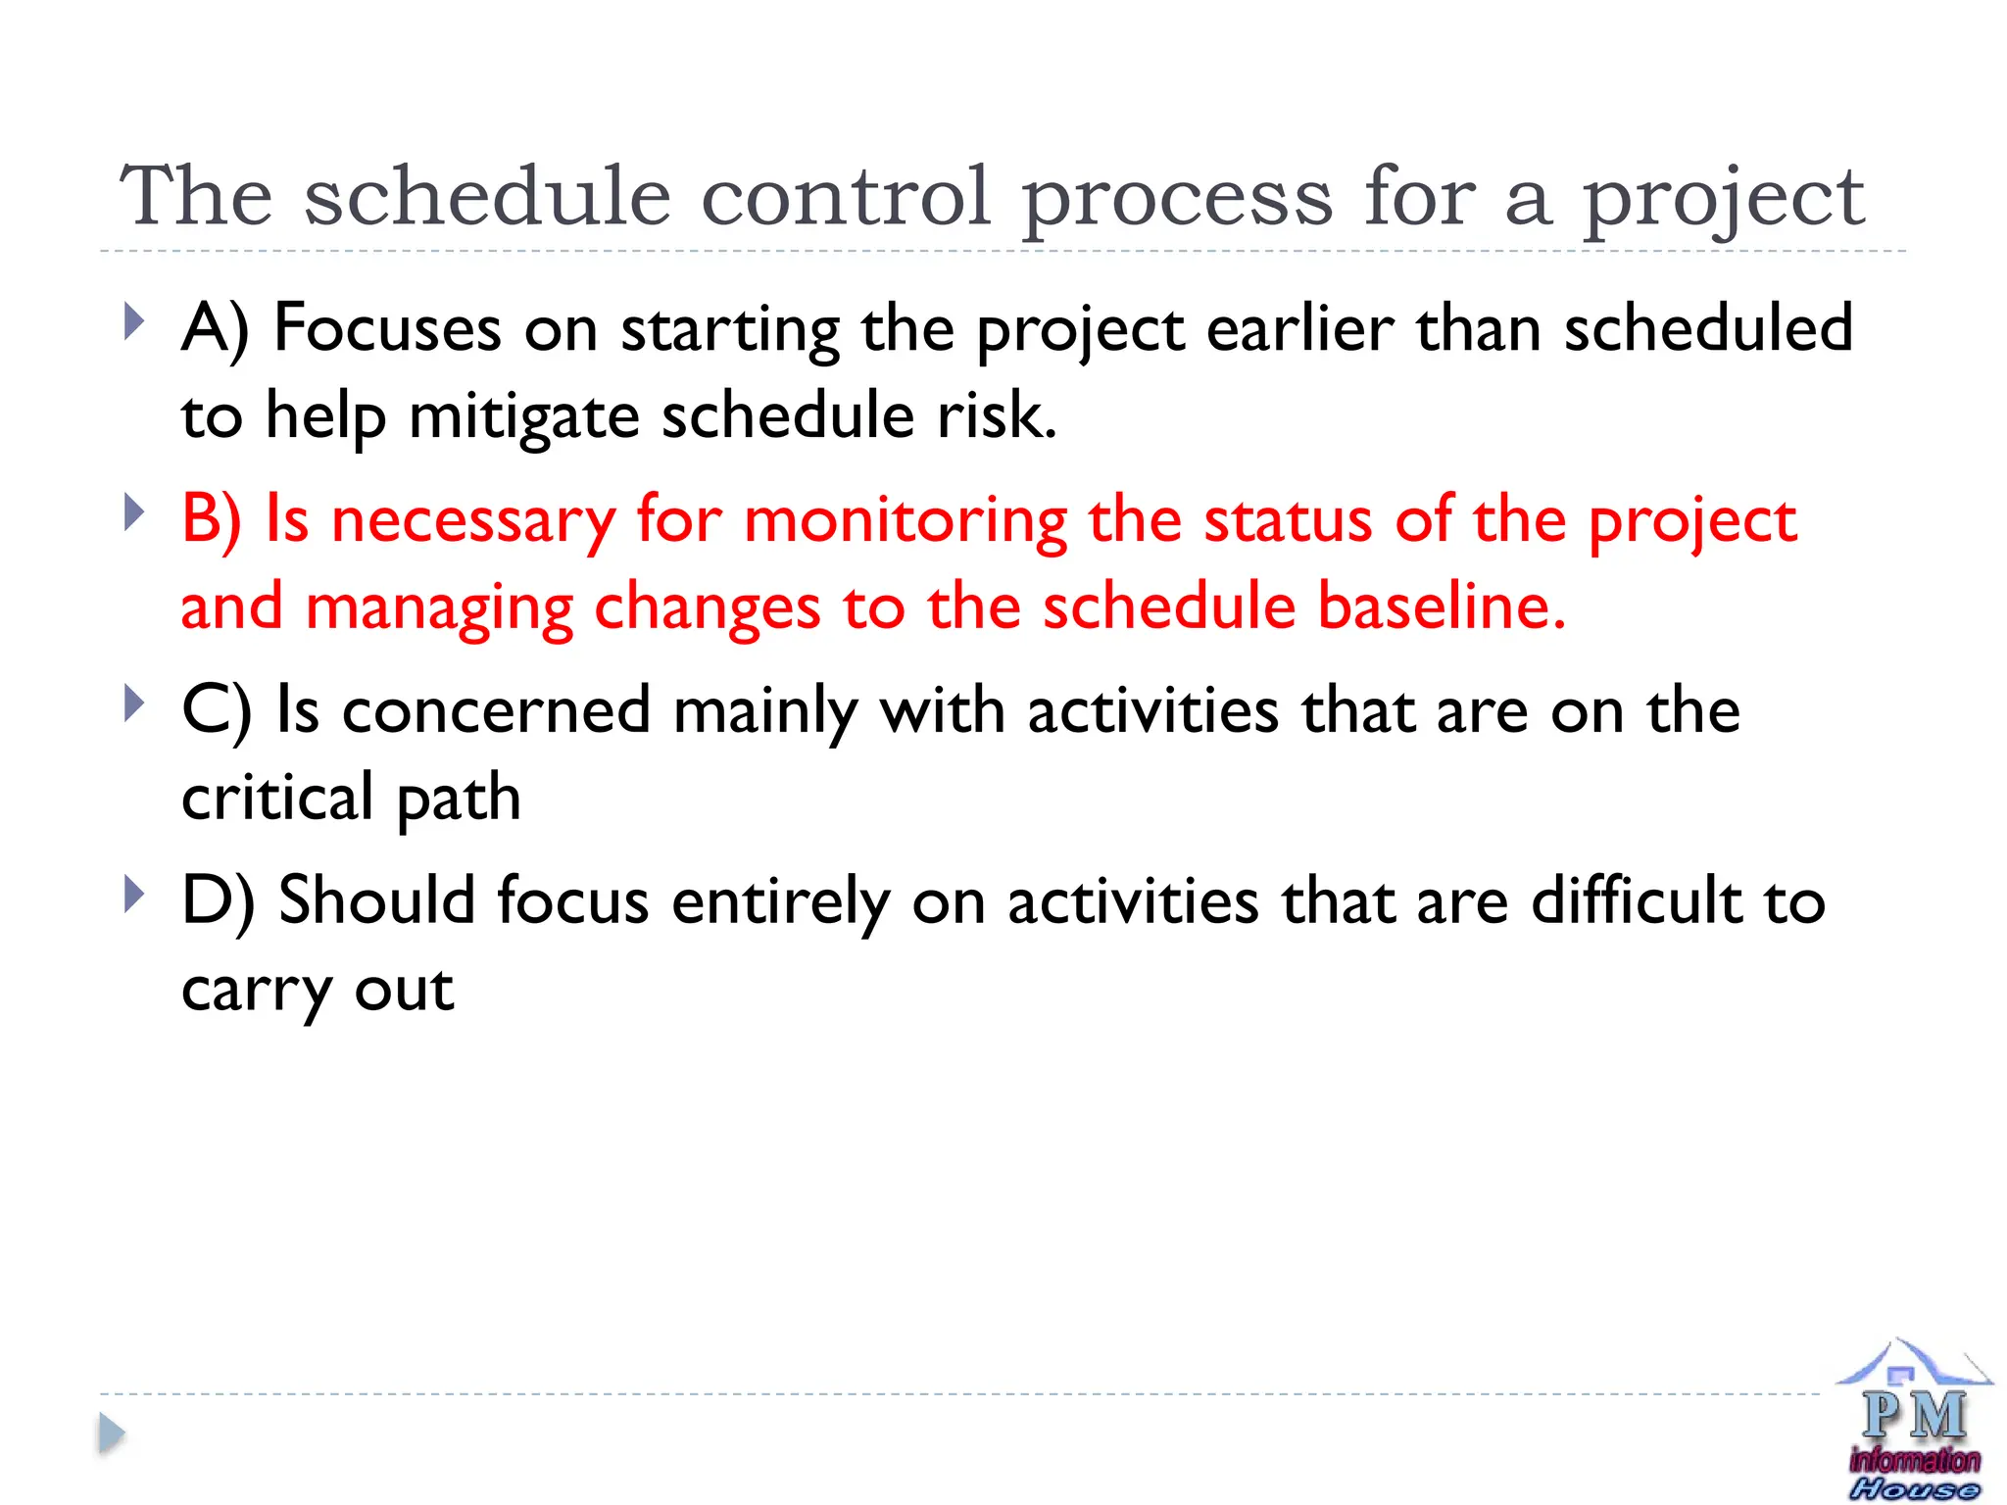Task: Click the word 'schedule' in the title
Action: [487, 196]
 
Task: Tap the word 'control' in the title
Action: [846, 196]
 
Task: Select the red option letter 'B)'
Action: [212, 519]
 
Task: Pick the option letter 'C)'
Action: [217, 710]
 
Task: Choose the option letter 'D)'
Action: [218, 901]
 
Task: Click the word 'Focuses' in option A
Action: [387, 328]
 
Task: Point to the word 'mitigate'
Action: [524, 416]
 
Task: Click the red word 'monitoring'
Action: [905, 519]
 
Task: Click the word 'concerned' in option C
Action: [496, 710]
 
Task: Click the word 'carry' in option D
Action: [257, 990]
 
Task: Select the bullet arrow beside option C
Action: [134, 704]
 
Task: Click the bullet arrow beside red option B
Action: [134, 512]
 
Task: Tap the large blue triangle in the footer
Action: [112, 1433]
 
